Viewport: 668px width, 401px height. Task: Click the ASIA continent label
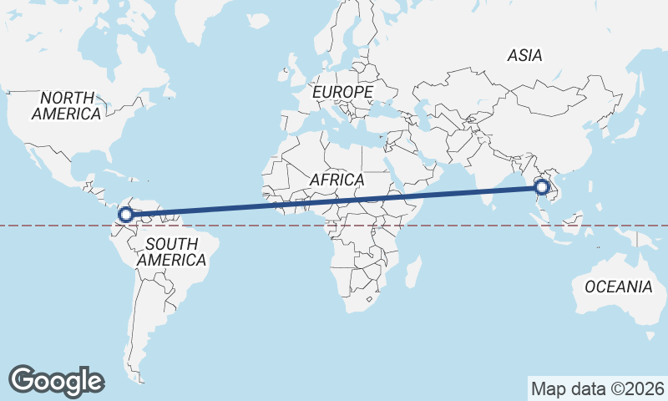click(x=525, y=56)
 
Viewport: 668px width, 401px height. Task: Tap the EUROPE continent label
click(x=342, y=91)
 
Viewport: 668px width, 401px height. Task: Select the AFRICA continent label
click(x=337, y=180)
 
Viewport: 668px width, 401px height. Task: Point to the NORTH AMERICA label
click(x=67, y=106)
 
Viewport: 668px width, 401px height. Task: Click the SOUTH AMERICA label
click(x=172, y=252)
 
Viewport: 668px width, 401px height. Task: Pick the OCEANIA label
click(x=618, y=287)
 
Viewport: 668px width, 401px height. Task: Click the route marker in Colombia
click(x=126, y=215)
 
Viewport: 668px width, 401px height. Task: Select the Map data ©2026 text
click(x=597, y=388)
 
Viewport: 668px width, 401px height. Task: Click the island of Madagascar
click(x=412, y=272)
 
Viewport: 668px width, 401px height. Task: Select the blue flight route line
click(x=334, y=201)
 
